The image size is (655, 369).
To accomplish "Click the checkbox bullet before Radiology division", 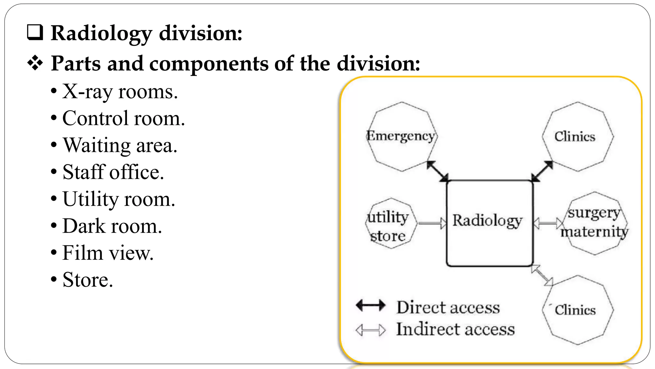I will click(35, 33).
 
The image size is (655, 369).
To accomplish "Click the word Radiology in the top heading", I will click(101, 33).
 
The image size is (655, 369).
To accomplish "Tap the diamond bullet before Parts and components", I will click(35, 63).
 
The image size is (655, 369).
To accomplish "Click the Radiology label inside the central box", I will click(487, 221).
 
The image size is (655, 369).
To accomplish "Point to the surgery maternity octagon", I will click(594, 223).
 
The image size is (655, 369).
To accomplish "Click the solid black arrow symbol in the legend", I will click(370, 305).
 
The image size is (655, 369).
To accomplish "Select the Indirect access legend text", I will click(455, 330).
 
